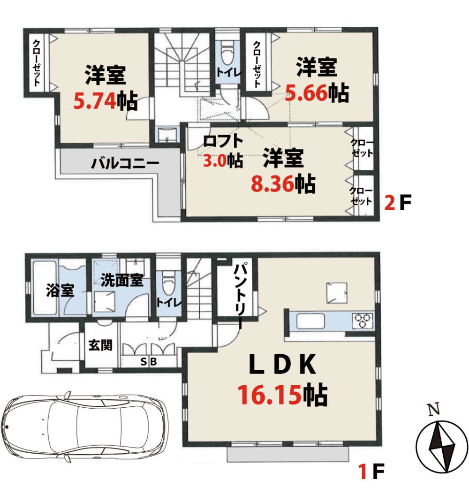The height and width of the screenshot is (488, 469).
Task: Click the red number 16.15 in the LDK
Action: pyautogui.click(x=269, y=395)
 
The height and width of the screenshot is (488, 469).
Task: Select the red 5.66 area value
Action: pyautogui.click(x=306, y=93)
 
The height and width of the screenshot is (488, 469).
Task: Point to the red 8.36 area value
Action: pyautogui.click(x=272, y=183)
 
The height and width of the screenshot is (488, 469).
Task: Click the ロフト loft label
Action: pyautogui.click(x=223, y=141)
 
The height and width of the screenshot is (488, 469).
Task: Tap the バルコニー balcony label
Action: pyautogui.click(x=125, y=163)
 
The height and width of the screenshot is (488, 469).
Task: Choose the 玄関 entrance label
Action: pyautogui.click(x=100, y=345)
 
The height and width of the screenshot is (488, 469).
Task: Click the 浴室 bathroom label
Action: pyautogui.click(x=60, y=290)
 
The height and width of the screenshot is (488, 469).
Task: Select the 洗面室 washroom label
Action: pyautogui.click(x=122, y=280)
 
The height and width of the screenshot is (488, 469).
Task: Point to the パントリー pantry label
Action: pyautogui.click(x=241, y=295)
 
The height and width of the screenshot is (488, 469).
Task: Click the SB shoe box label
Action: pyautogui.click(x=148, y=362)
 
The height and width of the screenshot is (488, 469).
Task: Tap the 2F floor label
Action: pyautogui.click(x=398, y=202)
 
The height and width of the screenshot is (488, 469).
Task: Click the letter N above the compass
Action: pyautogui.click(x=434, y=409)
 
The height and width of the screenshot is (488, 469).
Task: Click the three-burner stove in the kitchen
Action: pyautogui.click(x=363, y=320)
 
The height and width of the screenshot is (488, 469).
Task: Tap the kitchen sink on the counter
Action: pyautogui.click(x=310, y=321)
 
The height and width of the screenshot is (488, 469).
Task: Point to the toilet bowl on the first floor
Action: pyautogui.click(x=168, y=282)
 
